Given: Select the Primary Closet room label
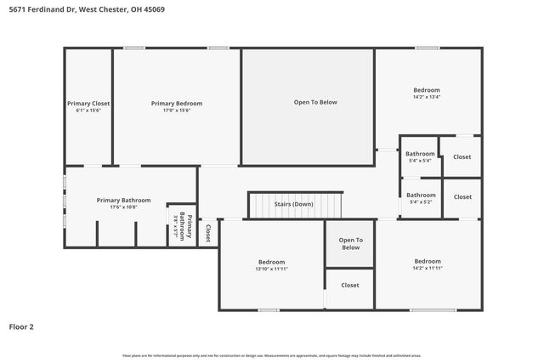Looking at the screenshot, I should click(88, 103).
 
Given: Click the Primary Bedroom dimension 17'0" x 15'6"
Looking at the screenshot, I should click(177, 111).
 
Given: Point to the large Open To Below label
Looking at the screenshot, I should click(315, 102).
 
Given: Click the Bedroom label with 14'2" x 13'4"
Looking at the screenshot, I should click(427, 90).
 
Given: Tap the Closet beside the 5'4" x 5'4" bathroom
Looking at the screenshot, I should click(462, 156).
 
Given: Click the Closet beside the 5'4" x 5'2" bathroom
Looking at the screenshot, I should click(462, 196).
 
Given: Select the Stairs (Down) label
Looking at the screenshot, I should click(294, 204).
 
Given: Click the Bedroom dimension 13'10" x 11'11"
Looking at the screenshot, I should click(272, 269).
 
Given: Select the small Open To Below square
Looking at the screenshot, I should click(350, 243).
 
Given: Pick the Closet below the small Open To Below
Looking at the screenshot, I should click(350, 285).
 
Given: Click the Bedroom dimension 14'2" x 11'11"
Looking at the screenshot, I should click(428, 269).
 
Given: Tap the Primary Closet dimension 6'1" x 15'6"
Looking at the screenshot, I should click(88, 111).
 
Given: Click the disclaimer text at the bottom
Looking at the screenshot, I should click(271, 355).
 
